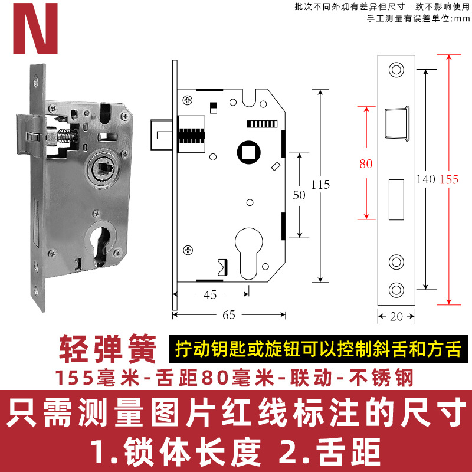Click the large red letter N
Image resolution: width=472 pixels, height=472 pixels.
click(36, 28)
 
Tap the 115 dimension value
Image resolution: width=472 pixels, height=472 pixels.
click(320, 185)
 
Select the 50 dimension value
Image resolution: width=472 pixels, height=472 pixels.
click(299, 196)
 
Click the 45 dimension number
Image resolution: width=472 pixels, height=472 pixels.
click(210, 295)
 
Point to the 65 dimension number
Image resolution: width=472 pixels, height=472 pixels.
click(229, 315)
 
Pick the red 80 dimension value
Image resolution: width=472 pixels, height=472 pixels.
click(366, 164)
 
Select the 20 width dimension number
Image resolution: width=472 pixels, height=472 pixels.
click(396, 316)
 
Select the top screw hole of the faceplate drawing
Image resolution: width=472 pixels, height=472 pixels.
click(395, 70)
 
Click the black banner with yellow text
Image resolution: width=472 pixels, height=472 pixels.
click(317, 349)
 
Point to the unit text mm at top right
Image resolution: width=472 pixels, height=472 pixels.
click(460, 18)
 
